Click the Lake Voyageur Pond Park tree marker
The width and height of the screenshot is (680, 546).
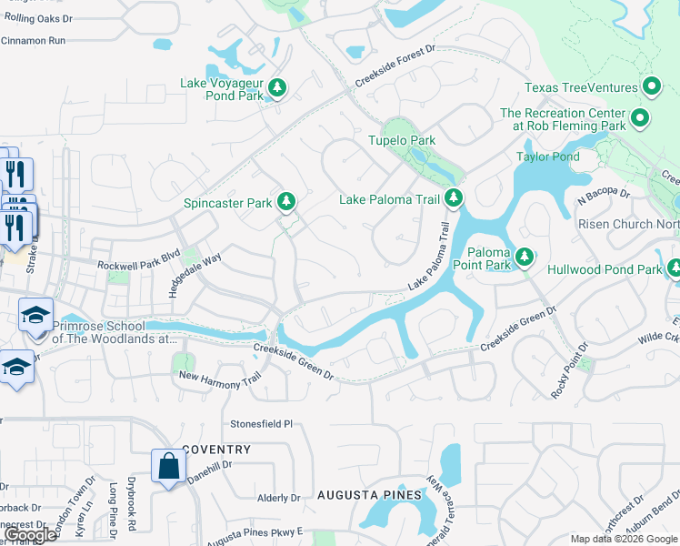coord(277,88)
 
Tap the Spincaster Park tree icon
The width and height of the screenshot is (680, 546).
coord(286,200)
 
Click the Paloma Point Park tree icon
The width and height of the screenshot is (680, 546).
coord(524,258)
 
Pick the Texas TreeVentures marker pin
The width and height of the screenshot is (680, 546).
coord(651,87)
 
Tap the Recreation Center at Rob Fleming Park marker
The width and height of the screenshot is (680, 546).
coord(639,118)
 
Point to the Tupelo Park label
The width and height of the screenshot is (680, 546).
coord(401,141)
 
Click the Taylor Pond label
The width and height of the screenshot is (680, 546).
coord(547,157)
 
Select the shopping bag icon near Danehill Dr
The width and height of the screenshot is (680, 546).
coord(168,466)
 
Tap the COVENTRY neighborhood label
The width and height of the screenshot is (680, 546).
coord(215,450)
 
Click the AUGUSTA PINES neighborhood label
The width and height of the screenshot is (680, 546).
coord(369,495)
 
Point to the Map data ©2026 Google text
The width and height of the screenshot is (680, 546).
coord(624,539)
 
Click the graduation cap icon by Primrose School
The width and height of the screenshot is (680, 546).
coord(36,316)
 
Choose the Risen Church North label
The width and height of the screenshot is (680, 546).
coord(628,224)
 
